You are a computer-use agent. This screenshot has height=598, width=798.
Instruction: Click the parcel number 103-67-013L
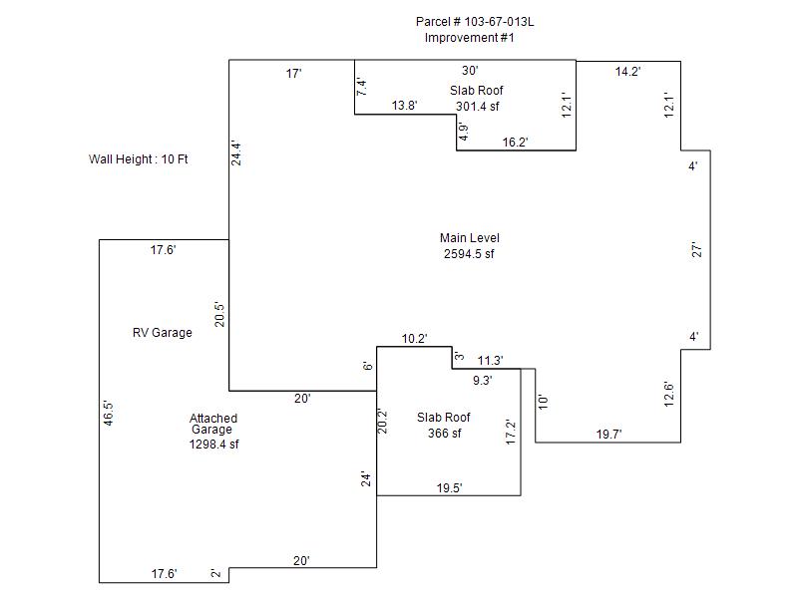click(x=499, y=22)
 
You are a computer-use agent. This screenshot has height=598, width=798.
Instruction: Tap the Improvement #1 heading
click(x=469, y=38)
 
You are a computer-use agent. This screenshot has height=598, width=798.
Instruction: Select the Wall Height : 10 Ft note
click(x=139, y=159)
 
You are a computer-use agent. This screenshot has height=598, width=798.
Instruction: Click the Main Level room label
click(x=470, y=238)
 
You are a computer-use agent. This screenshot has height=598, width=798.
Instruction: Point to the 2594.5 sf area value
click(x=469, y=254)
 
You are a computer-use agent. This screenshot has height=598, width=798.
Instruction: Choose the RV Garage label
click(x=163, y=333)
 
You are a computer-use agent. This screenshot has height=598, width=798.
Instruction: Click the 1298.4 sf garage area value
click(x=213, y=445)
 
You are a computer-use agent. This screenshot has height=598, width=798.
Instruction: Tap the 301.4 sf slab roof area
click(x=478, y=107)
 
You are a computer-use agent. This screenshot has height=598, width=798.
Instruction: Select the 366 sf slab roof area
click(x=444, y=434)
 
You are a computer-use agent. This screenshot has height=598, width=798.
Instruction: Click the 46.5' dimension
click(x=108, y=413)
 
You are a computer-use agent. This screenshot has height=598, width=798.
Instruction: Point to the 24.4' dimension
click(x=236, y=153)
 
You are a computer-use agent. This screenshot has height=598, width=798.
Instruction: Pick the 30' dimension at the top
click(x=470, y=71)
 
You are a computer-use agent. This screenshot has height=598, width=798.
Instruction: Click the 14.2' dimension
click(x=627, y=72)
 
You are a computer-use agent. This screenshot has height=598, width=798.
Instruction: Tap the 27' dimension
click(x=696, y=250)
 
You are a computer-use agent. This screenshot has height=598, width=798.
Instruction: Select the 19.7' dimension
click(x=609, y=435)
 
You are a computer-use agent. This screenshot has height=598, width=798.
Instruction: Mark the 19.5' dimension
click(x=450, y=488)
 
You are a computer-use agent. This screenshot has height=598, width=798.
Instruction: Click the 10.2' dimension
click(x=414, y=339)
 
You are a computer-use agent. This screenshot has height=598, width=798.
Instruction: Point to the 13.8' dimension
click(x=405, y=106)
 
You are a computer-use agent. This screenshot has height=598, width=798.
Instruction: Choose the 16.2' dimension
click(x=515, y=143)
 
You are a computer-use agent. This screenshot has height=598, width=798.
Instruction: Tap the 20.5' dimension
click(x=218, y=314)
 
